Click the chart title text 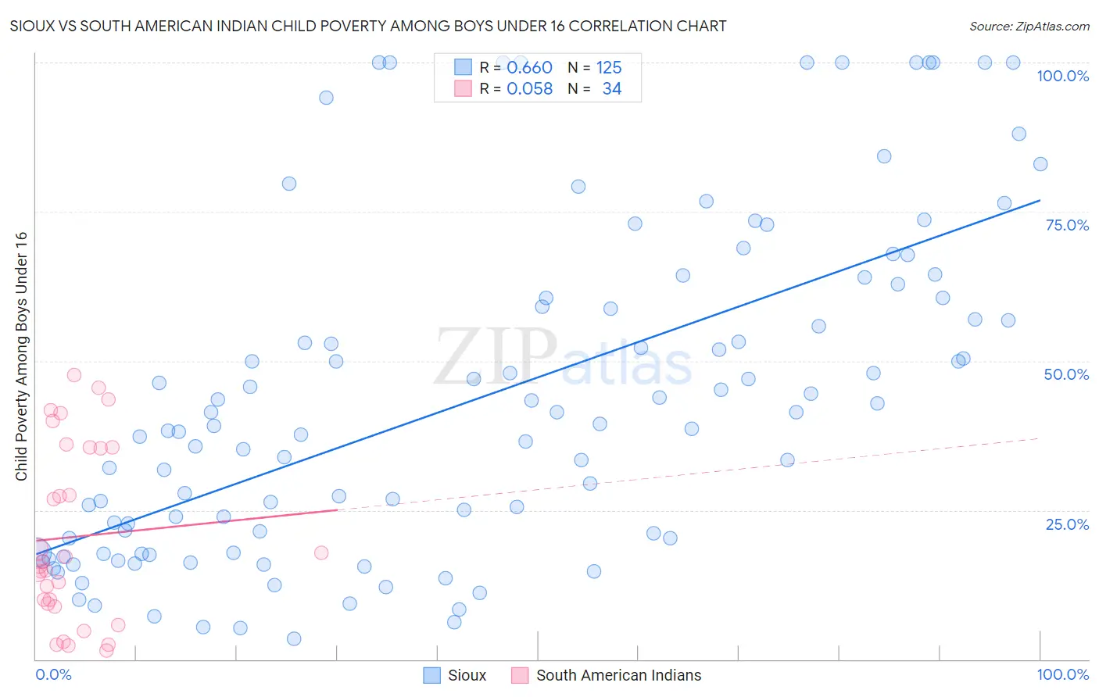tap(367, 26)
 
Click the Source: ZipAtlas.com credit tap(1029, 26)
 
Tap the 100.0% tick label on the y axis tap(1062, 76)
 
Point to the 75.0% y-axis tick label tap(1067, 225)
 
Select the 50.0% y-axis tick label tap(1066, 374)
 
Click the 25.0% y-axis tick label tap(1067, 524)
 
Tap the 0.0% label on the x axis tap(53, 674)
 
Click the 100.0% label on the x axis tap(1062, 674)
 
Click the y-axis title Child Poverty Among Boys tap(21, 356)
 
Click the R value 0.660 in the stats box tap(529, 67)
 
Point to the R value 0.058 tap(529, 89)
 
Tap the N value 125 tap(609, 67)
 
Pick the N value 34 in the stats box tap(611, 89)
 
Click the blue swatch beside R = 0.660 tap(464, 67)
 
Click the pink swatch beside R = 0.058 tap(464, 89)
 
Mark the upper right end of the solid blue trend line tap(1040, 201)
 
